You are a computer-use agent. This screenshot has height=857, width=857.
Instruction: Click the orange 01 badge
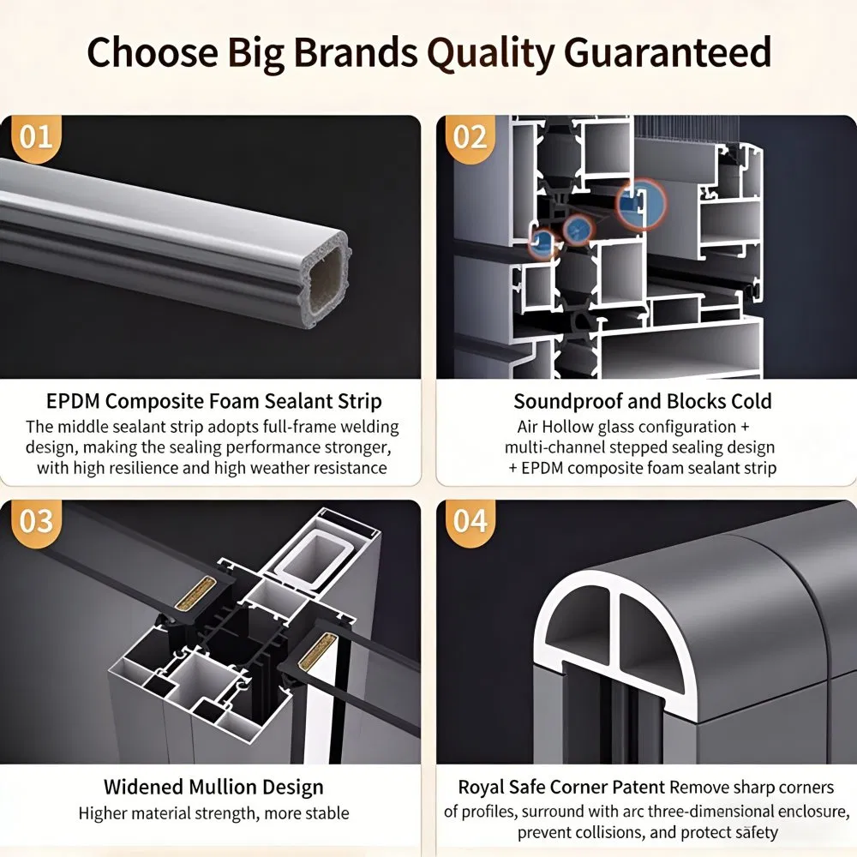click(x=36, y=139)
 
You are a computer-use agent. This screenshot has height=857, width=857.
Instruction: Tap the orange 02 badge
click(x=470, y=139)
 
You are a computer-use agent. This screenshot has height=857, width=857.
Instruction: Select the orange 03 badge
click(x=36, y=523)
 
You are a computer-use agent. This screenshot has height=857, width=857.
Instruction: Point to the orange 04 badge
click(x=470, y=523)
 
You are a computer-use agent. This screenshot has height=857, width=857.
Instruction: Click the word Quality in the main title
click(x=491, y=53)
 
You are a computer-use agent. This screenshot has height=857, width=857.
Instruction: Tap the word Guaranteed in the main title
click(x=668, y=52)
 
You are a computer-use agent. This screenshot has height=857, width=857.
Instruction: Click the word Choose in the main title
click(x=153, y=52)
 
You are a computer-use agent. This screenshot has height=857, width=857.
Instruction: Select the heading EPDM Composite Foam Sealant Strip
click(x=213, y=401)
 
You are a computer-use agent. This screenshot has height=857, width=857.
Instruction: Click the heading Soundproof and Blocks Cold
click(x=643, y=401)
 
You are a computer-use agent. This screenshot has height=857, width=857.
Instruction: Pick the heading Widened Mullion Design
click(x=213, y=787)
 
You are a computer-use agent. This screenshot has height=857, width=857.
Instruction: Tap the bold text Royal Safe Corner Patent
click(x=561, y=787)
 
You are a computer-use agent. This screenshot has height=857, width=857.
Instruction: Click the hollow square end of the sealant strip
click(x=325, y=279)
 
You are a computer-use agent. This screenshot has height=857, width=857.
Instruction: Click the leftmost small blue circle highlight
click(x=542, y=241)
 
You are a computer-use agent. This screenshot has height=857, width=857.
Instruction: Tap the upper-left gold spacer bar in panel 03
click(x=195, y=592)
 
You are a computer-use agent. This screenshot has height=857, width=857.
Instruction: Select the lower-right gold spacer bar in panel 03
click(x=317, y=651)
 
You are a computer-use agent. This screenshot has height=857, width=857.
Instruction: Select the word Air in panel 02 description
click(x=527, y=427)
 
